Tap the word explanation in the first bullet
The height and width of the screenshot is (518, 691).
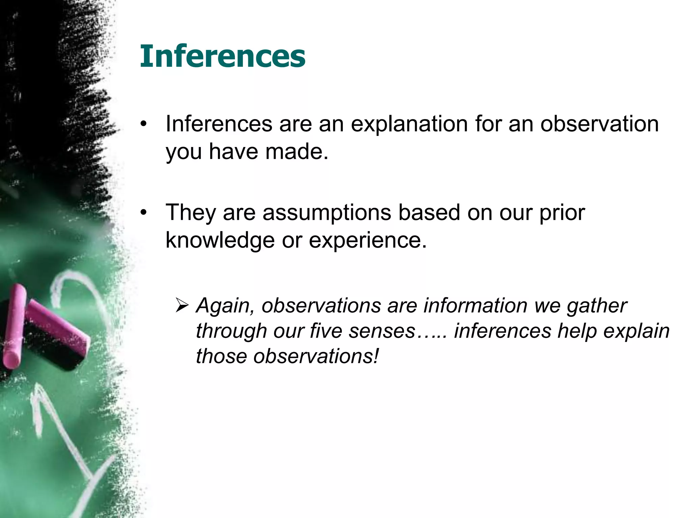click(x=409, y=124)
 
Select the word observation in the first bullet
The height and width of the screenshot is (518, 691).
click(x=599, y=124)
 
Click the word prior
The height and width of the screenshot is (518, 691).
click(x=562, y=213)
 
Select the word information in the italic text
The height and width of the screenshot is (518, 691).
click(x=475, y=306)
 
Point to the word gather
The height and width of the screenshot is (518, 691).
click(x=597, y=306)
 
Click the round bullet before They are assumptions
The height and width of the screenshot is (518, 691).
click(x=144, y=212)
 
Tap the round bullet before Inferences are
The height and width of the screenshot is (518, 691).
click(x=144, y=124)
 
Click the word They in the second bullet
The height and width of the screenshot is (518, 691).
click(x=191, y=213)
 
